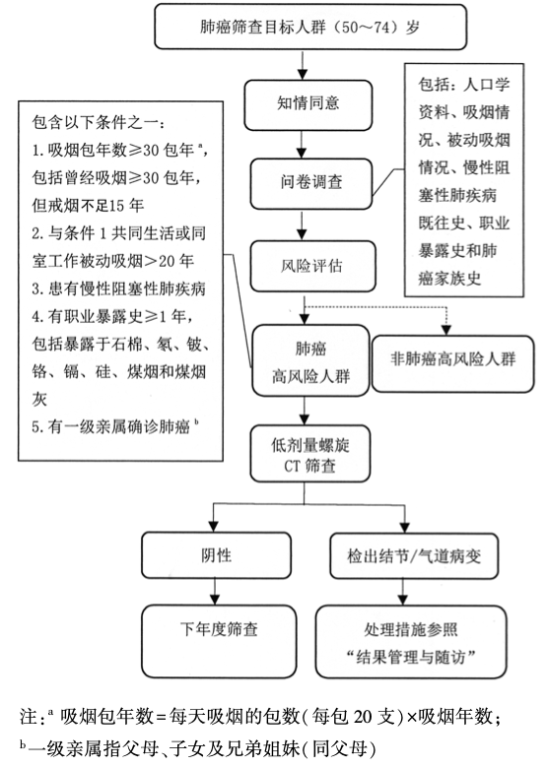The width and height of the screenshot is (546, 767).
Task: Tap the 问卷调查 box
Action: click(x=310, y=181)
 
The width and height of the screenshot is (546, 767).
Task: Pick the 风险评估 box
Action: click(x=310, y=265)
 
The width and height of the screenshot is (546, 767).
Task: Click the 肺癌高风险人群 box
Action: click(x=310, y=362)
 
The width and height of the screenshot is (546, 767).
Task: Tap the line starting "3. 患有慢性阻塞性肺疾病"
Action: click(x=118, y=289)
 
